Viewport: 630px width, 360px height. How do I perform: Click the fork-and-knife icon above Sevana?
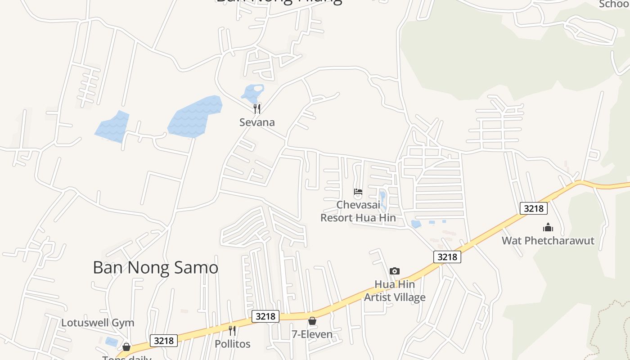pyautogui.click(x=257, y=108)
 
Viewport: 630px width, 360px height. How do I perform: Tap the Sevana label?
pyautogui.click(x=257, y=122)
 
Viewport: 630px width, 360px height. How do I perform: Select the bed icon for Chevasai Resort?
pyautogui.click(x=358, y=192)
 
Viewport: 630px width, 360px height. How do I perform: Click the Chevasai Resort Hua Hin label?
pyautogui.click(x=358, y=211)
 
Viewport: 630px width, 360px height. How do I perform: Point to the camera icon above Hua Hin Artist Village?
pyautogui.click(x=395, y=271)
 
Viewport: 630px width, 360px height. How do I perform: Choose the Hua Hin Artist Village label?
pyautogui.click(x=395, y=291)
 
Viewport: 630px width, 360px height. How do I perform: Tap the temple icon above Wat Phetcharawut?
pyautogui.click(x=548, y=227)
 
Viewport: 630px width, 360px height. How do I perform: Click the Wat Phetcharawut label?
pyautogui.click(x=548, y=241)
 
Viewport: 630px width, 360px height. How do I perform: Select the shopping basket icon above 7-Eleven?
pyautogui.click(x=312, y=321)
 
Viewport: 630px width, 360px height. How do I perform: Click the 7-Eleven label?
pyautogui.click(x=312, y=334)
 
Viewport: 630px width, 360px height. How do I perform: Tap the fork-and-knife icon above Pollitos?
pyautogui.click(x=232, y=331)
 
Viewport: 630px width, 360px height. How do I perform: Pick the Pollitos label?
pyautogui.click(x=232, y=344)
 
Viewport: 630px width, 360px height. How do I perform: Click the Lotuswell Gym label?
pyautogui.click(x=98, y=323)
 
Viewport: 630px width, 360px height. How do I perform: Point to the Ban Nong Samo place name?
pyautogui.click(x=155, y=267)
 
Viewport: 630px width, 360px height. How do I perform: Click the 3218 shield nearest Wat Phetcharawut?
pyautogui.click(x=534, y=208)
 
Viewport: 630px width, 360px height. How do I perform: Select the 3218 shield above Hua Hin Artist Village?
pyautogui.click(x=447, y=257)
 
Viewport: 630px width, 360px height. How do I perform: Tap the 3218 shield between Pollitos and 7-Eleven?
pyautogui.click(x=265, y=316)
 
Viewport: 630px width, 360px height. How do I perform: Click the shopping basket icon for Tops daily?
pyautogui.click(x=126, y=347)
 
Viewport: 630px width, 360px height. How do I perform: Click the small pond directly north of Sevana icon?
pyautogui.click(x=252, y=93)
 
